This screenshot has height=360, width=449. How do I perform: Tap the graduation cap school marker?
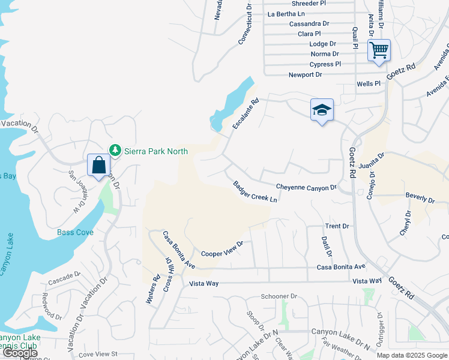click(x=322, y=110)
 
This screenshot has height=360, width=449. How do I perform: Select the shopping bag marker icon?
click(x=98, y=165)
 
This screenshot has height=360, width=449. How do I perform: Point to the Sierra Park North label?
click(x=155, y=150)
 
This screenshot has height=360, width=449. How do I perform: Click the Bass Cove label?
click(x=75, y=232)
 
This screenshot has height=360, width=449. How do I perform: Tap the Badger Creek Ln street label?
click(x=255, y=192)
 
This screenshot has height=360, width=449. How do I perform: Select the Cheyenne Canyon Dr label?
click(x=306, y=188)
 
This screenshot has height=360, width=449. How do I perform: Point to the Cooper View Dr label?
click(x=222, y=249)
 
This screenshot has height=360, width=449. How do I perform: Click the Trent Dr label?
click(x=337, y=226)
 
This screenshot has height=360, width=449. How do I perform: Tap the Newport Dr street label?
click(x=305, y=75)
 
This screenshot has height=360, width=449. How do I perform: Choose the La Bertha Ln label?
click(x=286, y=14)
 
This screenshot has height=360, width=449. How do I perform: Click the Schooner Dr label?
click(x=279, y=296)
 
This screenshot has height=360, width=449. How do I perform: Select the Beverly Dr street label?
click(x=420, y=197)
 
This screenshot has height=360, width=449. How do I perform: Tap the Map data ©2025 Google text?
click(x=411, y=355)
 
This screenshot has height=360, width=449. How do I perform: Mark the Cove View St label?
click(x=98, y=355)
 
